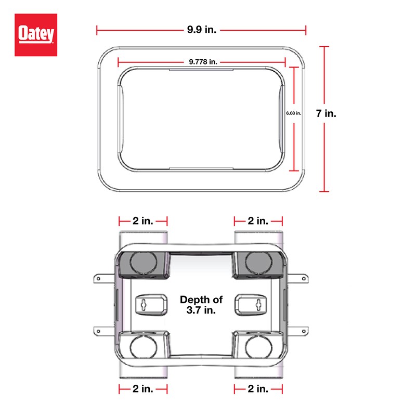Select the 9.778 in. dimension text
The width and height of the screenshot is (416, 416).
(202, 61)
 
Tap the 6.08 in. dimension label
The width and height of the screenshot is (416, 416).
(294, 112)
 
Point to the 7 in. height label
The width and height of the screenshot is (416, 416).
(327, 113)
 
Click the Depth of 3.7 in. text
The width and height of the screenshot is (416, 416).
(201, 305)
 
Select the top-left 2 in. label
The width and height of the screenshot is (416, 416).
(142, 220)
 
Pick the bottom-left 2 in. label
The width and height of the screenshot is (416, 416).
(142, 388)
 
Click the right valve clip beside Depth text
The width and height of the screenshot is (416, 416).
(251, 304)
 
